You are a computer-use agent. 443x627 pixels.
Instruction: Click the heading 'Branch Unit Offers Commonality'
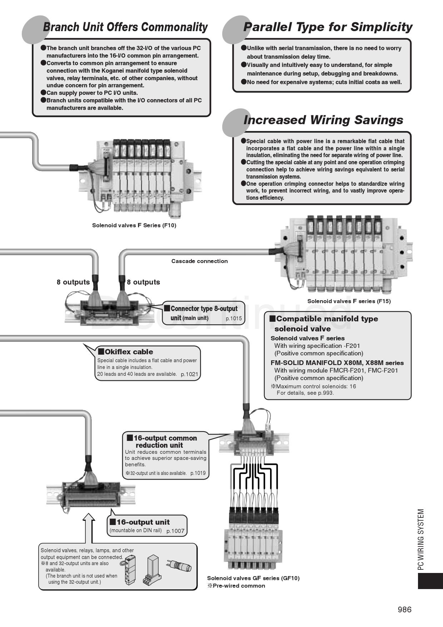pos(125,27)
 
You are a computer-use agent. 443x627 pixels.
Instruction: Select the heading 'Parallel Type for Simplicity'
pos(328,27)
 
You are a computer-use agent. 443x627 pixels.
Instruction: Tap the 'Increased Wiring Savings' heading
pos(323,120)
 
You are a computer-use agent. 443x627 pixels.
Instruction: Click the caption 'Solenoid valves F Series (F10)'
pos(134,225)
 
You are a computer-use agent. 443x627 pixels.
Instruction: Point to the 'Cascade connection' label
pos(199,261)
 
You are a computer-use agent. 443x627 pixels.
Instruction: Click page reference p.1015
pos(234,319)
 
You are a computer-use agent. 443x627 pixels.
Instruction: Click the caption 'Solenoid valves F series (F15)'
pos(349,301)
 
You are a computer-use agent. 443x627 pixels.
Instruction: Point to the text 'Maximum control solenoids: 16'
pos(316,387)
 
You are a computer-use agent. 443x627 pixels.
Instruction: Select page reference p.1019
pos(198,473)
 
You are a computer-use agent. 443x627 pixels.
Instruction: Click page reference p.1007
pos(175,531)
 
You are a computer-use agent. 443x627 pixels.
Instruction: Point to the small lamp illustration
pos(179,566)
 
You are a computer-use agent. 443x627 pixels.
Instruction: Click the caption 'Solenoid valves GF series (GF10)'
pos(253,578)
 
